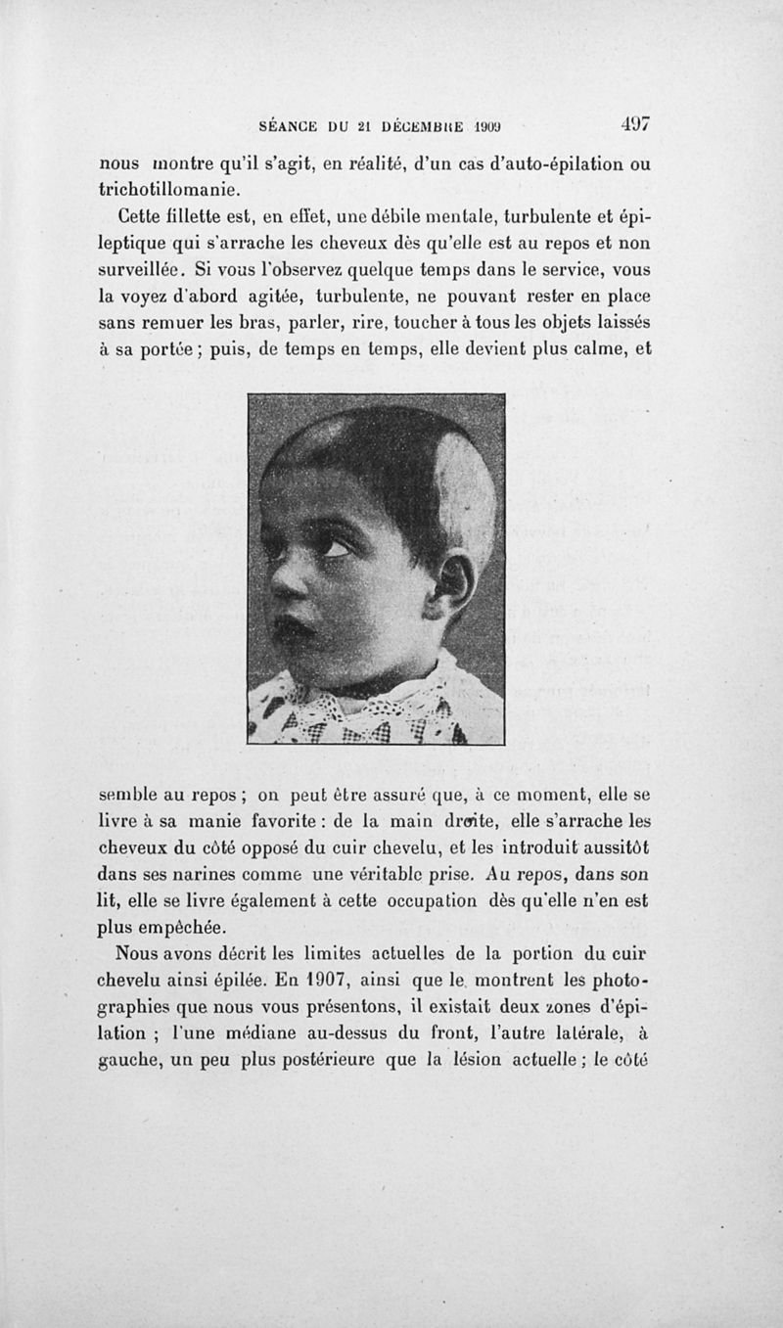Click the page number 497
[635, 125]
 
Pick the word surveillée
[147, 268]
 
